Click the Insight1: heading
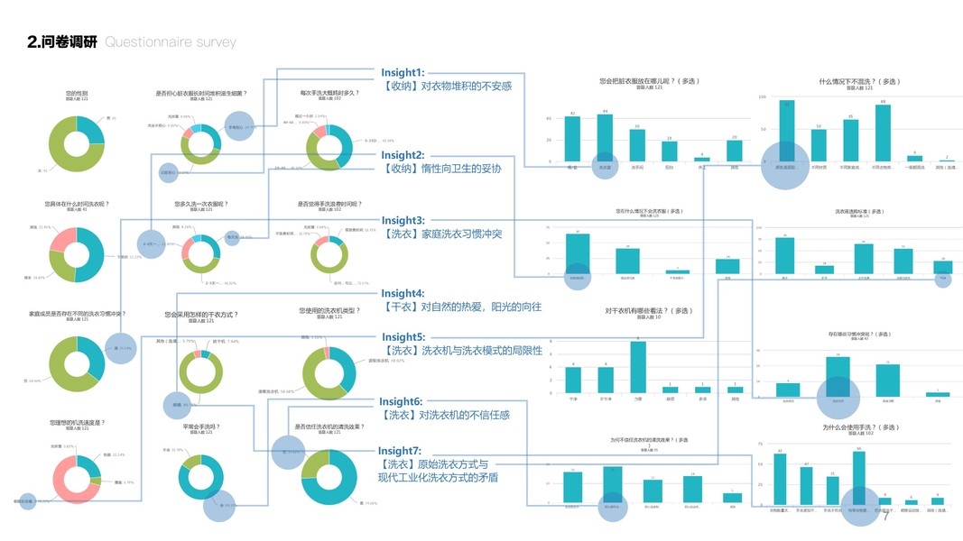click(403, 72)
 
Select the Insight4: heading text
click(403, 293)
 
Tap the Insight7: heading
click(400, 451)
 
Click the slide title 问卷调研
click(62, 41)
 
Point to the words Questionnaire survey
click(171, 41)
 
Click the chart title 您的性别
click(77, 94)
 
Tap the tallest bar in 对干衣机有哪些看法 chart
click(638, 368)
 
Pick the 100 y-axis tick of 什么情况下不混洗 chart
click(762, 96)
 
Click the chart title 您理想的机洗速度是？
click(77, 423)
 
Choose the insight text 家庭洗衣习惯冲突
click(459, 234)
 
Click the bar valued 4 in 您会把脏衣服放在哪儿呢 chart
click(703, 160)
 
